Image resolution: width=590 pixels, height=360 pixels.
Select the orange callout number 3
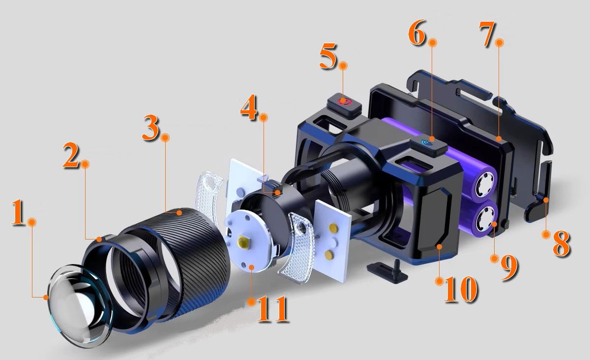(150, 127)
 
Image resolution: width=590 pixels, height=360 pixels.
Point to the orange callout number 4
(248, 107)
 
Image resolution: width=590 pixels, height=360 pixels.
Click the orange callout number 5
(328, 56)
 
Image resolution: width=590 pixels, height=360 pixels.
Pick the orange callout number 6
(417, 32)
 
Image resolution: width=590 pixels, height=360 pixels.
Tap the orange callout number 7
(487, 34)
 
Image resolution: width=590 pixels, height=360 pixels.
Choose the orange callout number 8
(561, 243)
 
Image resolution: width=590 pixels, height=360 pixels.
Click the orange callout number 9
(509, 268)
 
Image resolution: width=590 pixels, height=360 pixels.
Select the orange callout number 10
(461, 289)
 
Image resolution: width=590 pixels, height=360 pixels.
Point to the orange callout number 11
(272, 309)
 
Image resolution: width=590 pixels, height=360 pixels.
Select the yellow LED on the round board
(244, 242)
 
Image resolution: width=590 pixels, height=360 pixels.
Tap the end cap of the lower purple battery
(487, 218)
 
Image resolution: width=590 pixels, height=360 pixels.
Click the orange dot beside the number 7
(500, 42)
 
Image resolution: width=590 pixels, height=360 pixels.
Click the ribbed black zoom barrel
(184, 264)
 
